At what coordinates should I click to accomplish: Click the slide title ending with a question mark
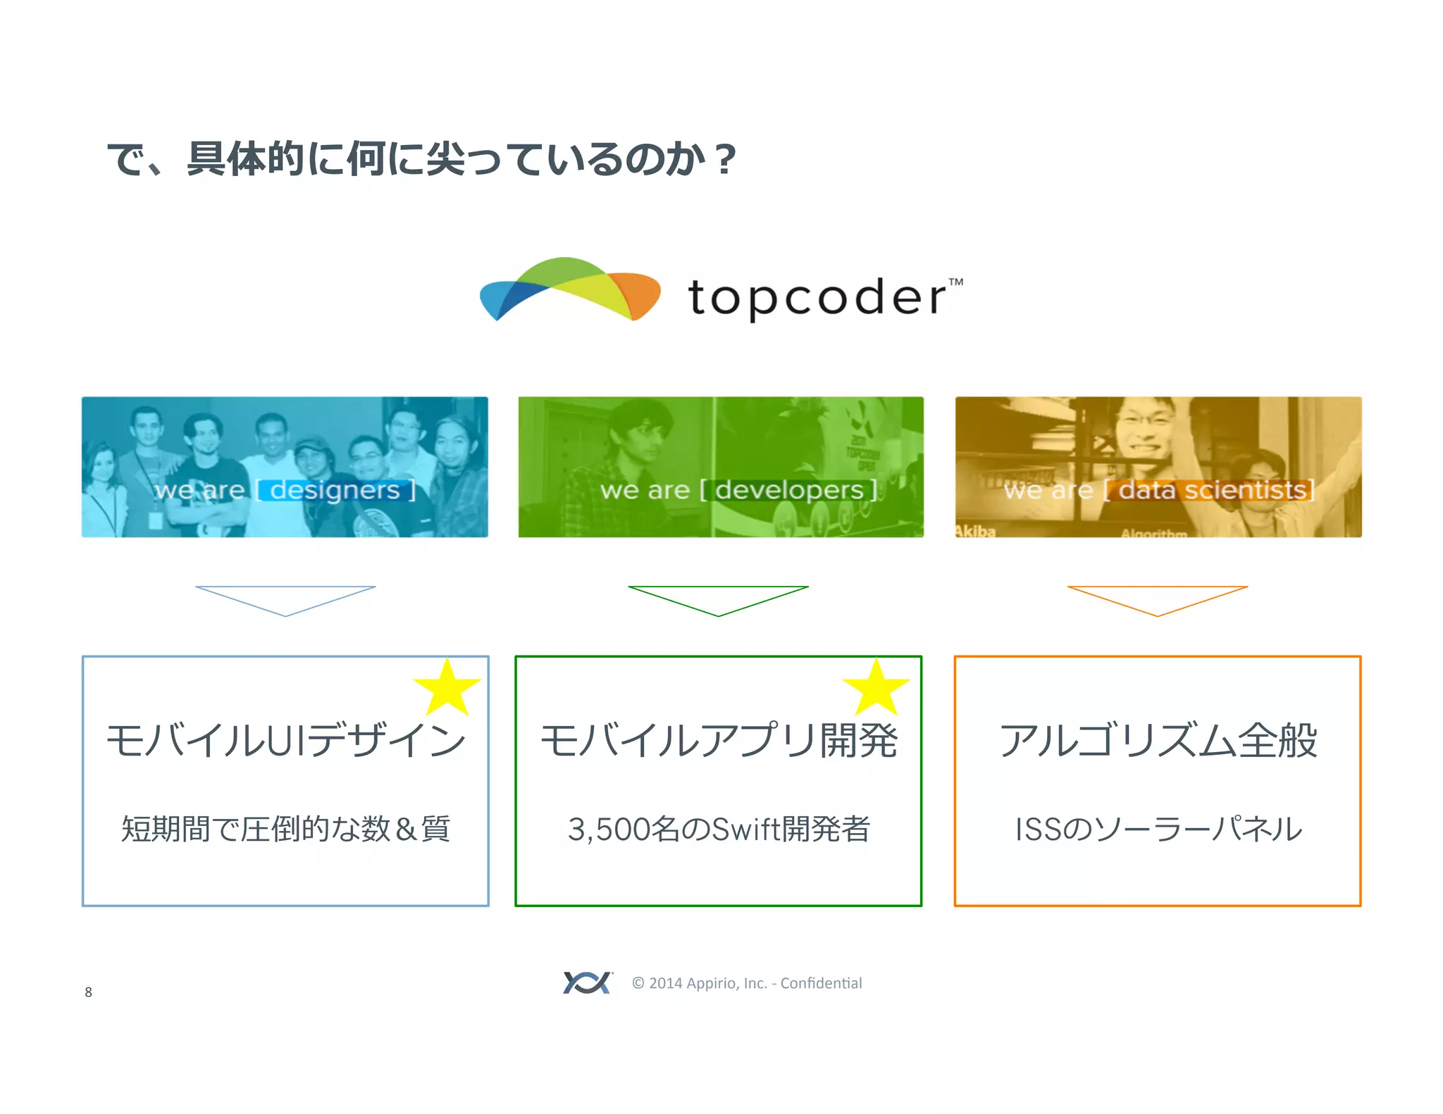pos(421,158)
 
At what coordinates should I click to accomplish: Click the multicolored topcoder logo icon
pos(569,289)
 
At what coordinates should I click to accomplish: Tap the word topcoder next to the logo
pos(817,297)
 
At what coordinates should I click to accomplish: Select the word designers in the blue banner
pos(335,489)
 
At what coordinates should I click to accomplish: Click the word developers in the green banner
pos(789,489)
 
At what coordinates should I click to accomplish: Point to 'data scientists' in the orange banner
pos(1212,489)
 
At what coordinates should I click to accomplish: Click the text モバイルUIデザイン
pos(285,741)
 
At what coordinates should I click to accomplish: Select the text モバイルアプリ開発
pos(719,741)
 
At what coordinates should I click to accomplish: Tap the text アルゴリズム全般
pos(1158,741)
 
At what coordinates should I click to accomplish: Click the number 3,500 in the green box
pos(608,830)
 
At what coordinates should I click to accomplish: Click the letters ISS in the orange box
pos(1036,830)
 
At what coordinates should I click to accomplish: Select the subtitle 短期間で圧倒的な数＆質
pos(285,829)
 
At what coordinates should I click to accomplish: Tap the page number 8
pos(88,992)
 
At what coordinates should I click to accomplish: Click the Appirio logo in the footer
pos(587,982)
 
